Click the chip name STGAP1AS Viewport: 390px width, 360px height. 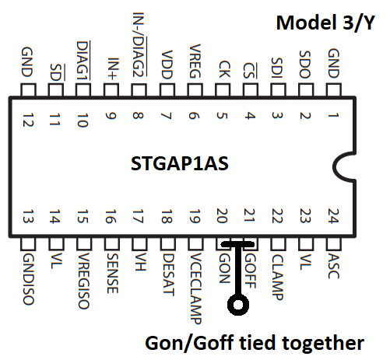click(x=180, y=163)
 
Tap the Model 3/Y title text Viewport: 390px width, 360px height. click(x=325, y=23)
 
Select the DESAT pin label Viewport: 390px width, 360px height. click(x=168, y=274)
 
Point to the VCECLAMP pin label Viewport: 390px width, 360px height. click(x=195, y=288)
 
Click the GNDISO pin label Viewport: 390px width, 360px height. click(x=28, y=279)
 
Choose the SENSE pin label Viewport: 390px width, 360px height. click(x=113, y=273)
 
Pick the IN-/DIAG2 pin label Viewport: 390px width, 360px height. click(x=139, y=44)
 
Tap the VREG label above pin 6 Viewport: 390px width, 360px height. click(x=195, y=61)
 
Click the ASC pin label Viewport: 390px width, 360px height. click(x=334, y=266)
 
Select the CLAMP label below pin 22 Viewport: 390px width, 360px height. click(x=277, y=277)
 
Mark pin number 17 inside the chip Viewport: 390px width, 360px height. click(x=138, y=216)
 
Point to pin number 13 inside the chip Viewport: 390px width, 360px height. click(x=28, y=216)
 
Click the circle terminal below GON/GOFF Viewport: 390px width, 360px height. click(x=238, y=305)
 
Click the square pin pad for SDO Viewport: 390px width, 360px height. click(x=306, y=90)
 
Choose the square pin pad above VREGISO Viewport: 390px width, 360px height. click(x=84, y=243)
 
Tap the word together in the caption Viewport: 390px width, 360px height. click(x=323, y=343)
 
